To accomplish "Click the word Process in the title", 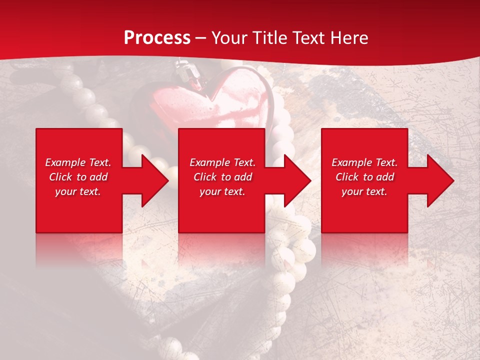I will (157, 38).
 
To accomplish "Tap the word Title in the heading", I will (269, 38).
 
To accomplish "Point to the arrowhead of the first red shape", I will (154, 180).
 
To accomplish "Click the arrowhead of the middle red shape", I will (297, 180).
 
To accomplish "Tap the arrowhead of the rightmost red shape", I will (440, 180).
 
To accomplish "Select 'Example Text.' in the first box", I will (78, 162).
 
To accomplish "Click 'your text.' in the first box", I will (78, 191).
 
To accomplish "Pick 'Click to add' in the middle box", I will (222, 177).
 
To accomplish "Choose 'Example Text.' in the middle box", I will (222, 162).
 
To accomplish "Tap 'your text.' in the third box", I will (364, 191).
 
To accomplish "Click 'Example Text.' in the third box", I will (364, 162).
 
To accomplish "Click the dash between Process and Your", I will (200, 38).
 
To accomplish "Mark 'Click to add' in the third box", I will (364, 177).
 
